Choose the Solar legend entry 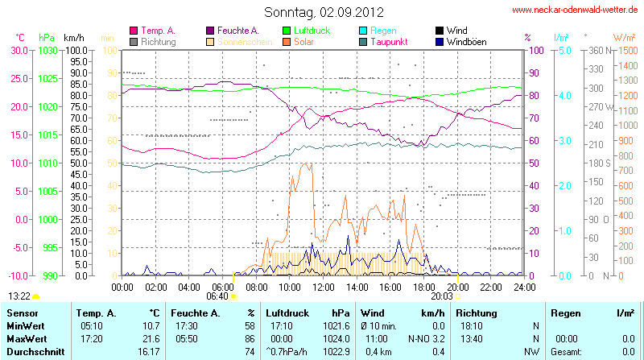[x=303, y=41]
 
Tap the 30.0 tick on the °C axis [x=17, y=50]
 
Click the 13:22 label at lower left [x=19, y=296]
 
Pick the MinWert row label [x=25, y=325]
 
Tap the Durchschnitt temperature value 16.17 [x=148, y=351]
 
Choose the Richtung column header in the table [x=476, y=312]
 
